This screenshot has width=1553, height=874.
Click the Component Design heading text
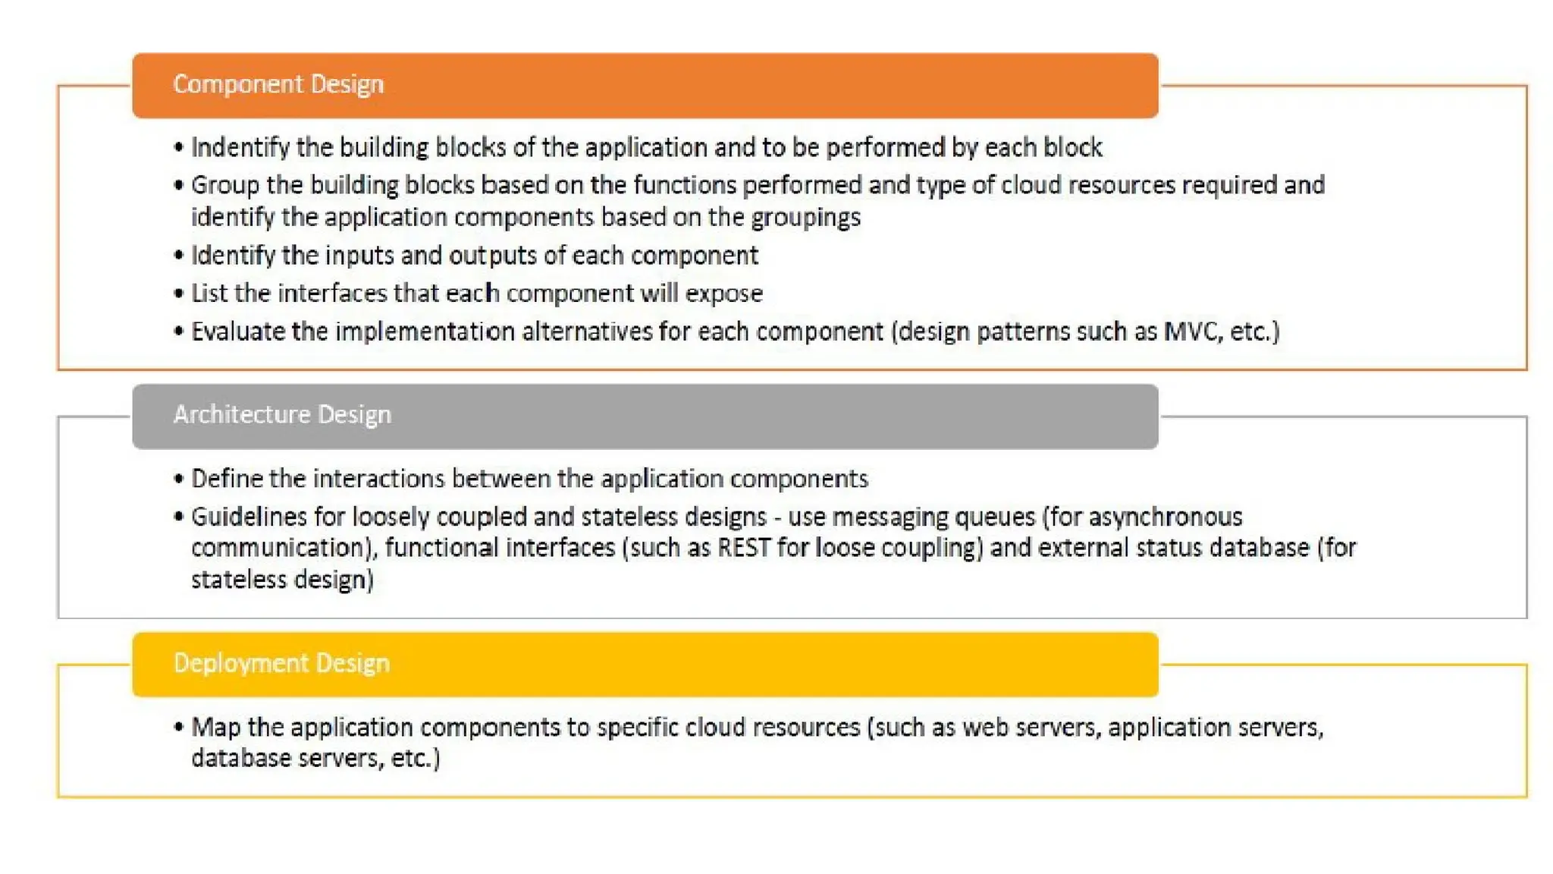coord(278,84)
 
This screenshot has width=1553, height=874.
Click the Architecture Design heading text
coord(282,415)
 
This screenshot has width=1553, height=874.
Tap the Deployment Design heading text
coord(281,664)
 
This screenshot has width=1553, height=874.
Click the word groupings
coord(805,218)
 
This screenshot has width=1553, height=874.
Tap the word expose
coord(723,294)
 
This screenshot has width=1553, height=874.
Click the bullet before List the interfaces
coord(179,294)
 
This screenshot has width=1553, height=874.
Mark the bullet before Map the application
coord(179,728)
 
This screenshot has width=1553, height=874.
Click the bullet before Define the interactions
coord(179,479)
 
